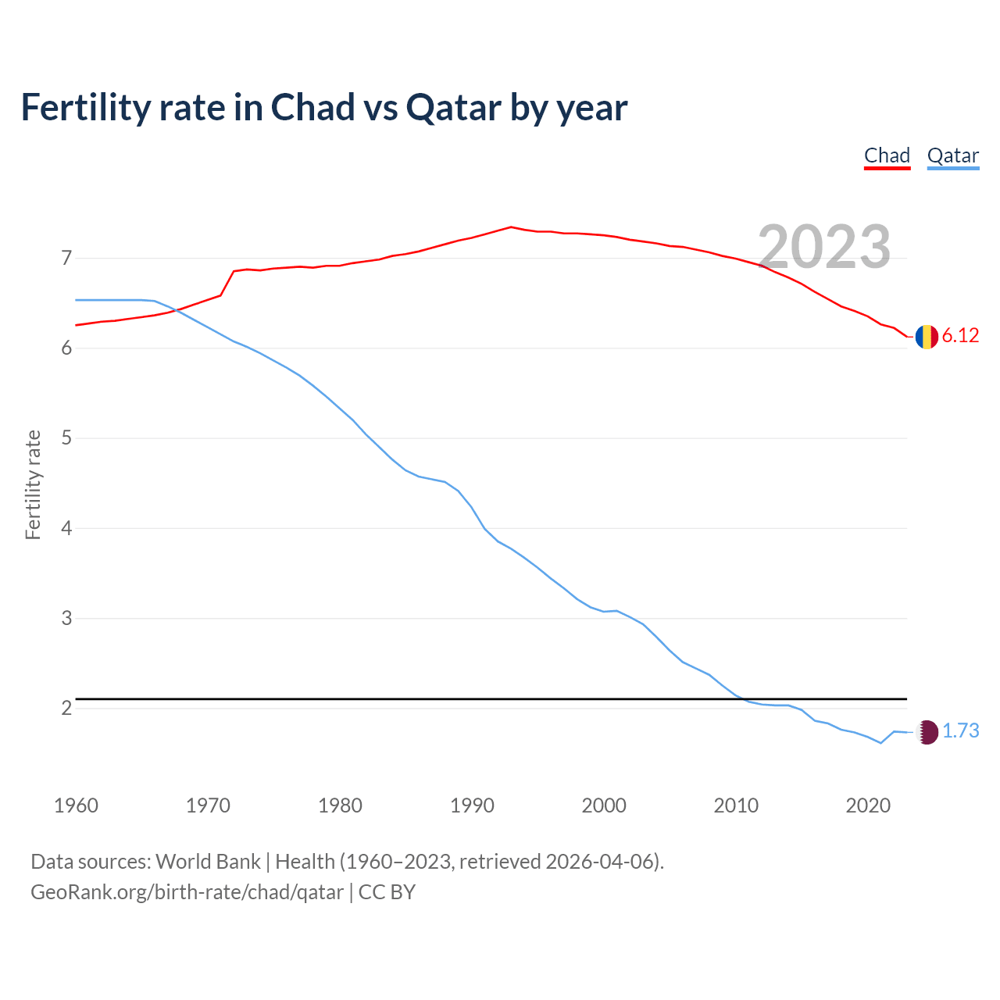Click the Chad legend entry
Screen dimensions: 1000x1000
tap(887, 155)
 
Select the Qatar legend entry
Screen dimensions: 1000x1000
tap(952, 155)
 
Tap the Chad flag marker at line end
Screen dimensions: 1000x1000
tap(927, 337)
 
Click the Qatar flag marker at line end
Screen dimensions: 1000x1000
tap(927, 732)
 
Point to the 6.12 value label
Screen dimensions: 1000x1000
tap(960, 336)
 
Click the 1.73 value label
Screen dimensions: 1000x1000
tap(960, 731)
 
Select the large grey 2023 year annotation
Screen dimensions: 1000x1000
tap(824, 247)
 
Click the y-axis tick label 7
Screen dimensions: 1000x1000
tap(66, 258)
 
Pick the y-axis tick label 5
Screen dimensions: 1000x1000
tap(66, 438)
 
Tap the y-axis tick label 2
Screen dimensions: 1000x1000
tap(66, 709)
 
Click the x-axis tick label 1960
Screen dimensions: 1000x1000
tap(76, 805)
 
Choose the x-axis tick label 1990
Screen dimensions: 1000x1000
tap(472, 805)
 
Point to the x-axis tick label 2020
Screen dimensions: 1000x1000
tap(868, 805)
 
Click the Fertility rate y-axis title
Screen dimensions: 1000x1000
tap(33, 484)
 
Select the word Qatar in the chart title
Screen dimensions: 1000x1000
tap(453, 108)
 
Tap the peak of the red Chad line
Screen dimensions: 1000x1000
tap(511, 227)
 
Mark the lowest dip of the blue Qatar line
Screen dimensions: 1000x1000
tap(880, 743)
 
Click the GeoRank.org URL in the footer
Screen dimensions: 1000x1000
tap(187, 892)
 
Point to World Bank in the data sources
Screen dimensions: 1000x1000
tap(208, 862)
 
